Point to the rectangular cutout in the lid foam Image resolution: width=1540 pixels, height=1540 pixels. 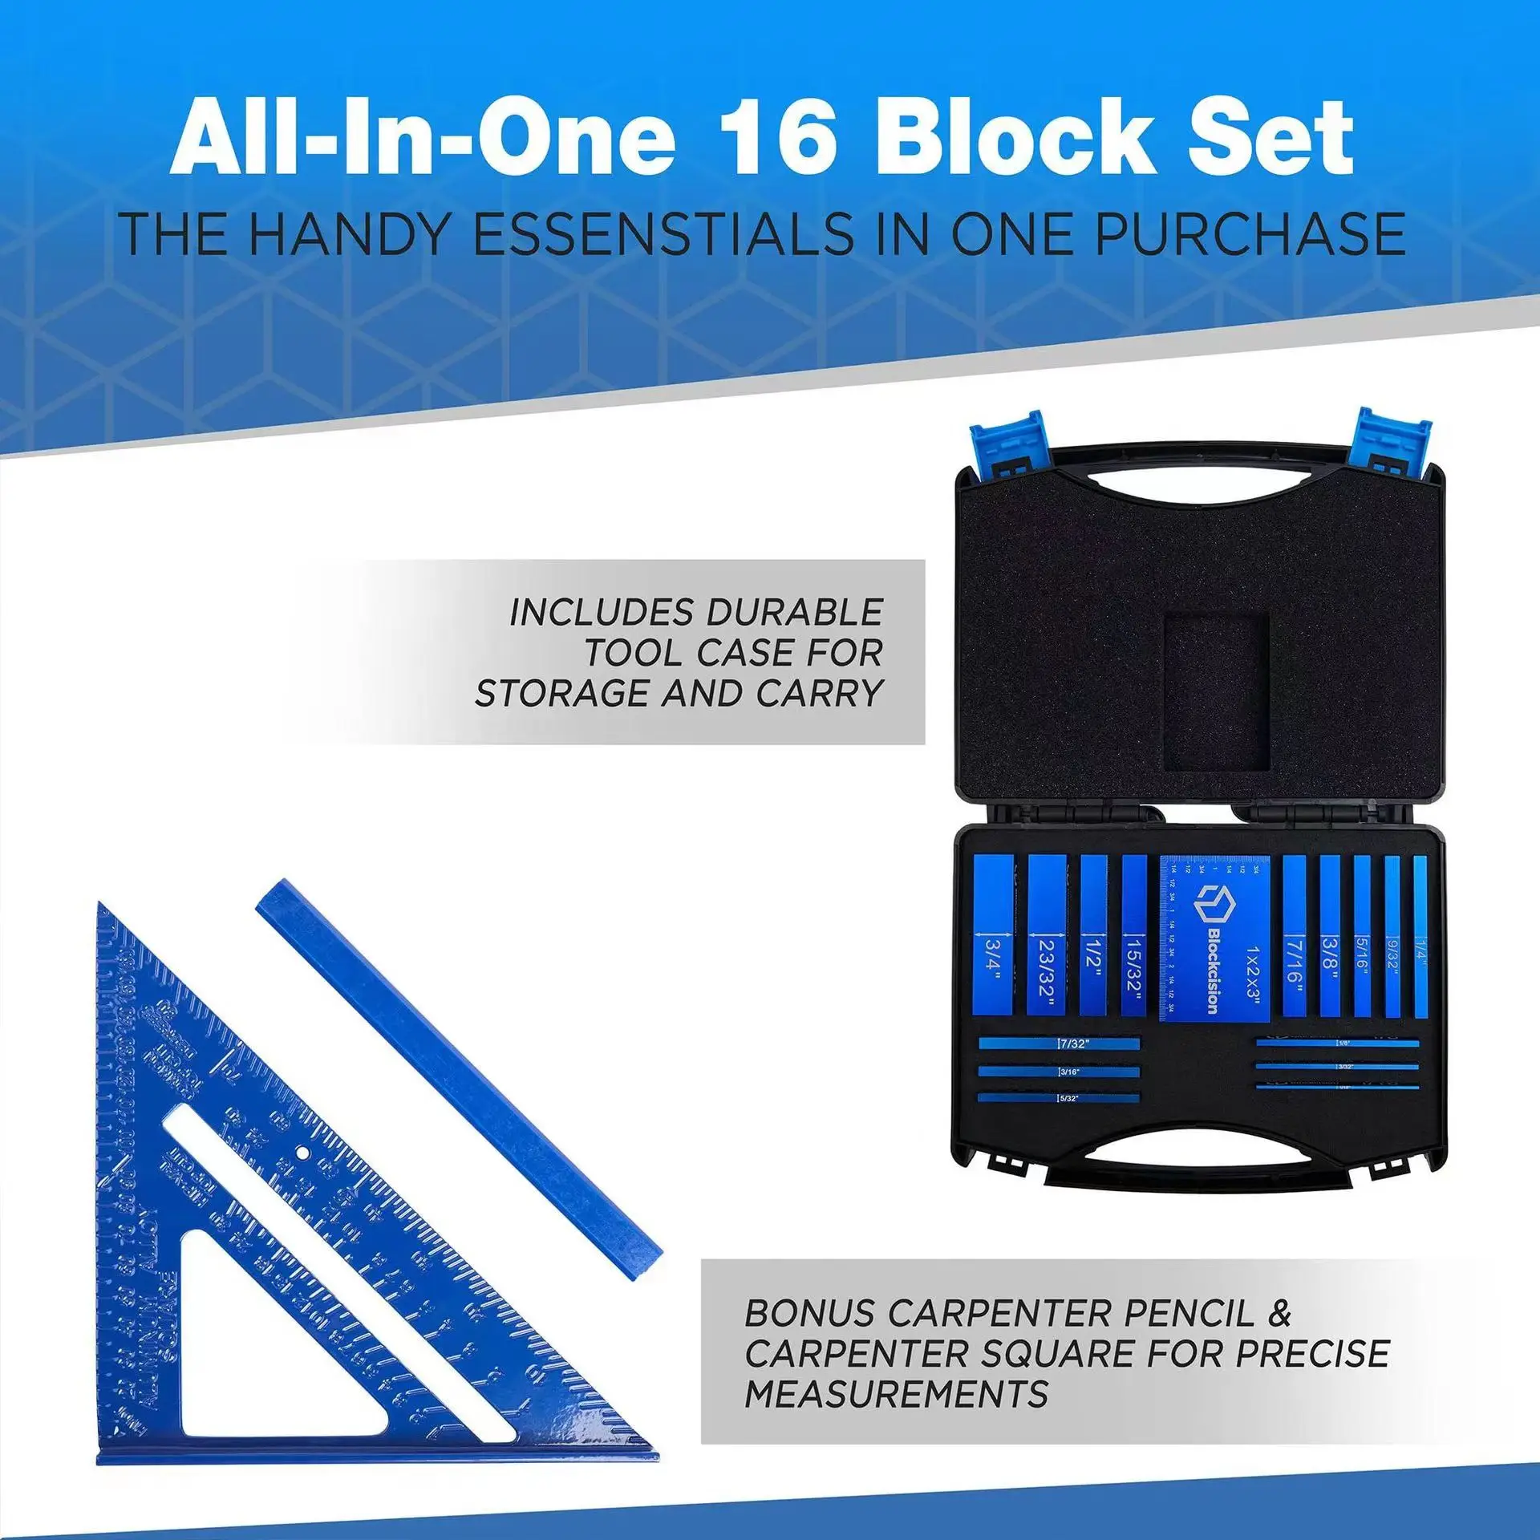(1216, 691)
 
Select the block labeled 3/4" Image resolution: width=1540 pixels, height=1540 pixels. (994, 934)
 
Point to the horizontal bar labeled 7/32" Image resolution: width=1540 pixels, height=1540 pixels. (1059, 1044)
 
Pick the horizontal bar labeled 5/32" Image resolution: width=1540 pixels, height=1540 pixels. (1059, 1097)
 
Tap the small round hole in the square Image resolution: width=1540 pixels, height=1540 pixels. (302, 1153)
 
